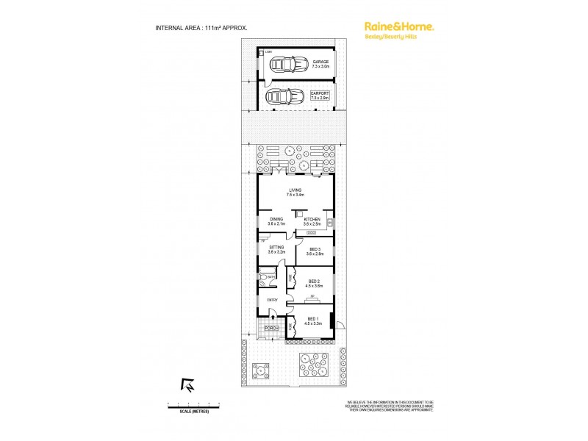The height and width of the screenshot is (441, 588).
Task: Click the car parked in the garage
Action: point(284,65)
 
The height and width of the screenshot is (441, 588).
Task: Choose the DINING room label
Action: point(276,220)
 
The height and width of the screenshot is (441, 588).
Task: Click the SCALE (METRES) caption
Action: point(194,410)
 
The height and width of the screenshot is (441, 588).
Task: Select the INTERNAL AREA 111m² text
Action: point(201,27)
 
